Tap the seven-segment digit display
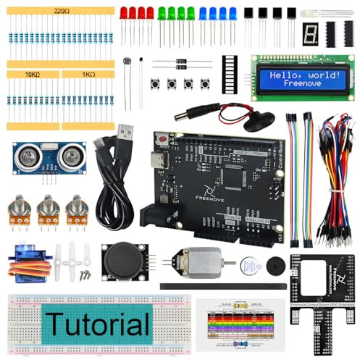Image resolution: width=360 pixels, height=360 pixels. (x=311, y=34)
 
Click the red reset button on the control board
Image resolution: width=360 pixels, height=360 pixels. (x=163, y=138)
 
